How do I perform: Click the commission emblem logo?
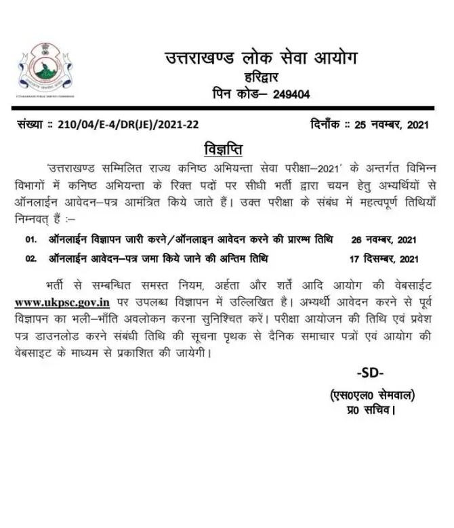45,70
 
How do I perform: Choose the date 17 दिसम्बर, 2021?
385,258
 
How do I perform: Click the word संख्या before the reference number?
34,125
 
